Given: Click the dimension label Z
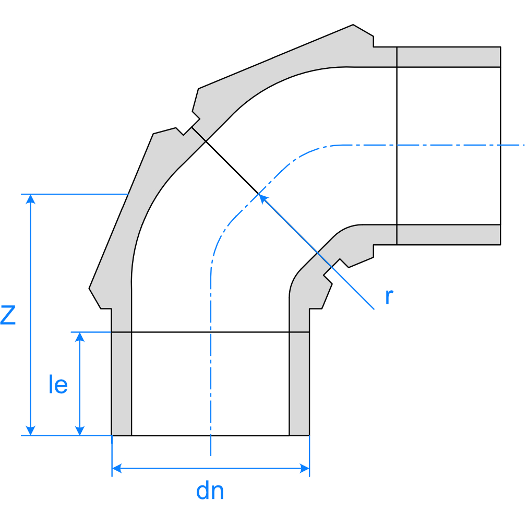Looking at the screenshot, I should [8, 315].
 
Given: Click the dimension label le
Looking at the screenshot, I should [57, 385].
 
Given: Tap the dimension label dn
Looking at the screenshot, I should [210, 491].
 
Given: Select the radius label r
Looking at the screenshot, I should [389, 296].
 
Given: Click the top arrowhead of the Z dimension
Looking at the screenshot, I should [31, 198].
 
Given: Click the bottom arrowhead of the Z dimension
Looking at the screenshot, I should [31, 431].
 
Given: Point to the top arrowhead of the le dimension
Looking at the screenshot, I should [80, 336].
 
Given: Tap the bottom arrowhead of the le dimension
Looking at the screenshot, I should [80, 431].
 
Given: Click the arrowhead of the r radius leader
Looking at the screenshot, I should [262, 198].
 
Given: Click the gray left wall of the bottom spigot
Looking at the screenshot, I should [122, 384].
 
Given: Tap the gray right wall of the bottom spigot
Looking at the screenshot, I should [300, 384].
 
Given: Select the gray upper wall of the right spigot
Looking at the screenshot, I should [449, 57].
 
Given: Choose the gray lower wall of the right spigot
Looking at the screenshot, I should [449, 234].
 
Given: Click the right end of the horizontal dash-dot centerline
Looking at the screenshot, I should [523, 144].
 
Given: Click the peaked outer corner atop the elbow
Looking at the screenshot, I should [354, 25].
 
